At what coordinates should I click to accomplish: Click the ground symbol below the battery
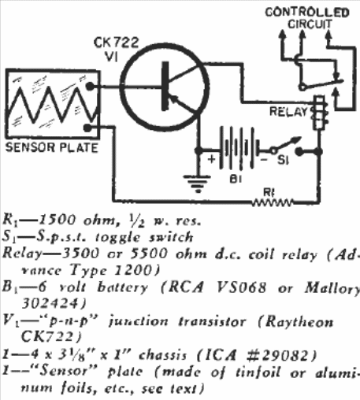point(197,183)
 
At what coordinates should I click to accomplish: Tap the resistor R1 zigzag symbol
point(272,202)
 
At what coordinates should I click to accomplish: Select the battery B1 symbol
point(239,148)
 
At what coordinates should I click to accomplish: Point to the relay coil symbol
point(319,113)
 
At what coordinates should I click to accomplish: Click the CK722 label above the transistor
point(116,43)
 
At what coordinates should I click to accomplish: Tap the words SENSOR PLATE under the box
point(52,147)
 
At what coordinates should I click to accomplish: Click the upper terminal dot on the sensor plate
point(90,86)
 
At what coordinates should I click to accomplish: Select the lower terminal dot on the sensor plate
point(87,128)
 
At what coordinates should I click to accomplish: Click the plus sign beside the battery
point(211,159)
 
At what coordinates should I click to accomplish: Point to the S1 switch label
point(283,160)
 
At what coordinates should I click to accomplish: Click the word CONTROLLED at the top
point(307,13)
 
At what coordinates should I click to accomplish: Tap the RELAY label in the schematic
point(288,112)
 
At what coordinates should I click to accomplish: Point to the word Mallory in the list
point(332,288)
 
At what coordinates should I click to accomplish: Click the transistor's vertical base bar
point(165,86)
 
